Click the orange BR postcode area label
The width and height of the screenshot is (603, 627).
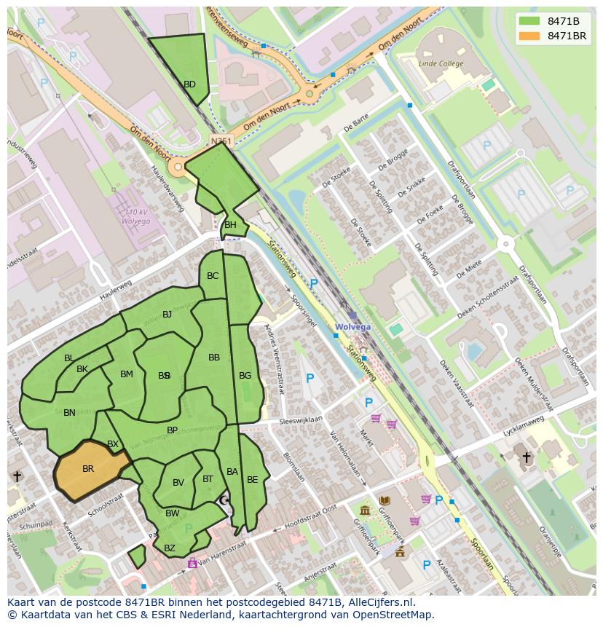point(88,469)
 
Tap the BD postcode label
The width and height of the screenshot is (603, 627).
point(189,84)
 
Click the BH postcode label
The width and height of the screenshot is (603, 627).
point(230,225)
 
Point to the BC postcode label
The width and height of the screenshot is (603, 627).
point(213,276)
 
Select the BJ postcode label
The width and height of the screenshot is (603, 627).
point(167,315)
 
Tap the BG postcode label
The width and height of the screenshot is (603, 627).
point(245,376)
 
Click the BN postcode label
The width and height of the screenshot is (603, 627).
point(69,413)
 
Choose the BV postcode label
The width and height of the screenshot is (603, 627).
point(178,483)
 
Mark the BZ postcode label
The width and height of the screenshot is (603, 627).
point(170,548)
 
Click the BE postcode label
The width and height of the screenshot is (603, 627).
point(252,480)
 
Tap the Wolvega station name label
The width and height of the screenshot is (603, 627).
point(352,327)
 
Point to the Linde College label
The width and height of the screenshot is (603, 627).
point(441,64)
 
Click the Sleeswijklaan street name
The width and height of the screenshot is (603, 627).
point(301,421)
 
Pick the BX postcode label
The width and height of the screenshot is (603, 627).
point(113,444)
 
